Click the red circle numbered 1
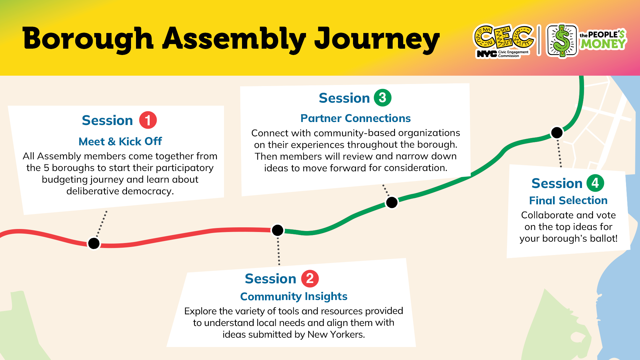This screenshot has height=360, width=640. click(x=148, y=120)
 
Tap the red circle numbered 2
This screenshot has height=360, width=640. click(x=310, y=278)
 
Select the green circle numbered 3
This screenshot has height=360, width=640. click(x=383, y=98)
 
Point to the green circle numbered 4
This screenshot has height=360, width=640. click(x=595, y=183)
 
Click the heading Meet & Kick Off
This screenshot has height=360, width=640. click(x=120, y=141)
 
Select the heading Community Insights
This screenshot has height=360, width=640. click(x=294, y=296)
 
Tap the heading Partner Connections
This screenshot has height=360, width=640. click(x=355, y=118)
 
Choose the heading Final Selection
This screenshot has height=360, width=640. click(x=568, y=200)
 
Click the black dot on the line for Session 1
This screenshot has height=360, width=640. click(x=94, y=243)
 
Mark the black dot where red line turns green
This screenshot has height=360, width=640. click(x=278, y=230)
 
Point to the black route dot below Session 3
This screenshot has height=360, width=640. click(x=392, y=202)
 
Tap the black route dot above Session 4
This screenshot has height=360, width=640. click(x=557, y=133)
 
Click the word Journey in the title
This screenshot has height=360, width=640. click(x=377, y=39)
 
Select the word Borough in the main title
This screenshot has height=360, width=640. click(x=88, y=39)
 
